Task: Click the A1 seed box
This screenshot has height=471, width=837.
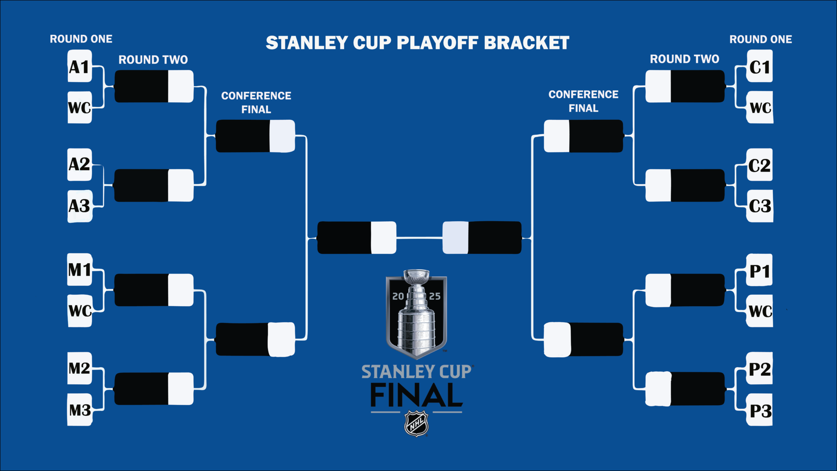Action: coord(79,67)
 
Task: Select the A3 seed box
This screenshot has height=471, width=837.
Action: coord(79,206)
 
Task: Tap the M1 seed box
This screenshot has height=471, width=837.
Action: coord(79,270)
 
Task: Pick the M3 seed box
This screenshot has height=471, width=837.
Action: coord(79,410)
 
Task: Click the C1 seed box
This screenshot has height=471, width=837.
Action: coord(759,67)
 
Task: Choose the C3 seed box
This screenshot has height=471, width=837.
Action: coord(759,206)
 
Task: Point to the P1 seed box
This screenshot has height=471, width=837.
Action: coord(759,271)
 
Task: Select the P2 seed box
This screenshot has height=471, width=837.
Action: coord(759,369)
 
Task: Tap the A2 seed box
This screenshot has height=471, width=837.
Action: coord(79,164)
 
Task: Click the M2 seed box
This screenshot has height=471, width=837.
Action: coord(79,368)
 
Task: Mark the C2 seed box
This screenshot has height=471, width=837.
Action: coord(759,165)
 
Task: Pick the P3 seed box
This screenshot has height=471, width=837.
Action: coord(759,410)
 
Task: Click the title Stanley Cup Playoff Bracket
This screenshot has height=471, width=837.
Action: coord(417,43)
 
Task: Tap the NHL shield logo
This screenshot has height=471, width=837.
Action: coord(416,424)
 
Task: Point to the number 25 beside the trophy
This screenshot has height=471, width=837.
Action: coord(434,296)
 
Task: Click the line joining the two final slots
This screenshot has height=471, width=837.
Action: coord(419,238)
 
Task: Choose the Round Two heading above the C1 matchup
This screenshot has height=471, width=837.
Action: coord(685,59)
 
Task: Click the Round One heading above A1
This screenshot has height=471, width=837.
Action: coord(81,39)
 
